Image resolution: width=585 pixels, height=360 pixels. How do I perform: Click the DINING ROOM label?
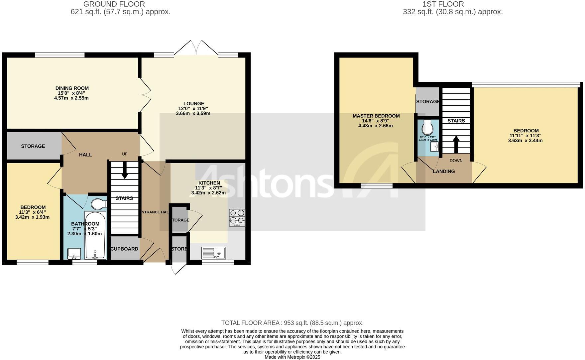point(72,88)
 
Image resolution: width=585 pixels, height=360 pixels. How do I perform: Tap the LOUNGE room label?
point(193,103)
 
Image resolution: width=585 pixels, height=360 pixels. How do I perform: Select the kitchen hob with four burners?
point(237,217)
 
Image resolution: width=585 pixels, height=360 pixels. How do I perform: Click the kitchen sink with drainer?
point(214,253)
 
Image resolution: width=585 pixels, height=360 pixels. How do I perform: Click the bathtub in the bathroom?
point(95,235)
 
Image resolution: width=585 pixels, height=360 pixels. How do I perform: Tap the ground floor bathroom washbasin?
point(74,254)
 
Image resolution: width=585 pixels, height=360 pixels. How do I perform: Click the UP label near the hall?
point(125,154)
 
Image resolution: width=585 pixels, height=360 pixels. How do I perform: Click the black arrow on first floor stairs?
point(456,144)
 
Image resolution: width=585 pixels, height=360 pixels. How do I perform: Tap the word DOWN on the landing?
point(456,161)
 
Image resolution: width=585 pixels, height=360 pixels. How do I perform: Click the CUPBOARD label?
point(124,249)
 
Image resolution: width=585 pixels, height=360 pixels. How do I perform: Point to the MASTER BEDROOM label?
point(376,116)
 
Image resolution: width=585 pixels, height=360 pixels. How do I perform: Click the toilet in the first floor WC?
point(427,127)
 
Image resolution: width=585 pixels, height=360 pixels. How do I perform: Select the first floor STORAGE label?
point(428,101)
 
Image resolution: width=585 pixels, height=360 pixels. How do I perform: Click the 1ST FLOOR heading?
point(443,4)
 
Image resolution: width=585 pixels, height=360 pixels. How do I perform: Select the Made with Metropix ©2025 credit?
point(292,357)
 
